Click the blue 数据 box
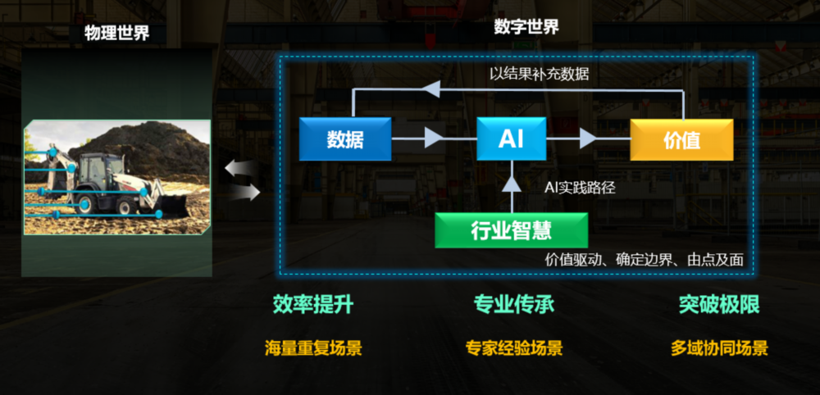pyautogui.click(x=344, y=139)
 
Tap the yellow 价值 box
pyautogui.click(x=681, y=139)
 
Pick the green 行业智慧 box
pyautogui.click(x=511, y=230)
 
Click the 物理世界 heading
pyautogui.click(x=117, y=34)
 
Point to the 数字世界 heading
pyautogui.click(x=526, y=27)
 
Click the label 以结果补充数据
pyautogui.click(x=539, y=73)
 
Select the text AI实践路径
pyautogui.click(x=580, y=188)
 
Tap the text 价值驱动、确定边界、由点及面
pyautogui.click(x=644, y=260)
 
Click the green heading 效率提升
pyautogui.click(x=312, y=305)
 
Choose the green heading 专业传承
pyautogui.click(x=514, y=305)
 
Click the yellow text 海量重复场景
pyautogui.click(x=312, y=348)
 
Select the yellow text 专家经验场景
pyautogui.click(x=514, y=348)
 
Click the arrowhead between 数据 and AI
pyautogui.click(x=433, y=138)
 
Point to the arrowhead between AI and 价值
pyautogui.click(x=588, y=138)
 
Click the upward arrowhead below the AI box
pyautogui.click(x=511, y=183)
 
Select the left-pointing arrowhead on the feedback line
pyautogui.click(x=433, y=89)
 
